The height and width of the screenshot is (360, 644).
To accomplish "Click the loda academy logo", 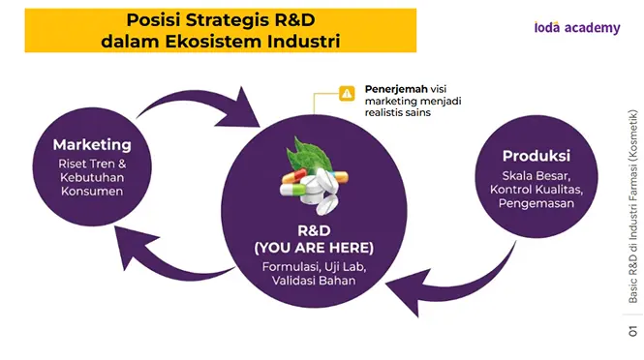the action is click(577, 27).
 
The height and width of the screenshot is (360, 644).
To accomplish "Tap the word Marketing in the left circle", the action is click(92, 144).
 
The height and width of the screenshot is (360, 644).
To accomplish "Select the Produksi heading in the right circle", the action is click(537, 156).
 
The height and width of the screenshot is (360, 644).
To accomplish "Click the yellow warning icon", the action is click(347, 93).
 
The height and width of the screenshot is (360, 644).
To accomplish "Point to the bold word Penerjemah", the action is click(396, 89).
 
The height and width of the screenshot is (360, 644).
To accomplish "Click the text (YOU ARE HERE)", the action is click(314, 248).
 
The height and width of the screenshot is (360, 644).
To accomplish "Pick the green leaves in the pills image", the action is click(306, 156).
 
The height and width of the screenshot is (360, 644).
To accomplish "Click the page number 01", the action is click(633, 331).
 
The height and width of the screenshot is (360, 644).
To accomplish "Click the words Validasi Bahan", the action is click(314, 281).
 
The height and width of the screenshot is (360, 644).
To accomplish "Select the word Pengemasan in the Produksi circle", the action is click(537, 203).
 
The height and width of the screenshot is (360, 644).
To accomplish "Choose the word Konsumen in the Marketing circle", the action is click(92, 191).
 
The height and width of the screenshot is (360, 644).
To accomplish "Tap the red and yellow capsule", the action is click(294, 176).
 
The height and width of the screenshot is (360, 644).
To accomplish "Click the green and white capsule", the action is click(292, 190).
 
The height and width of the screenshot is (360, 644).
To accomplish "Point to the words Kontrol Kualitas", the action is click(537, 190).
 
